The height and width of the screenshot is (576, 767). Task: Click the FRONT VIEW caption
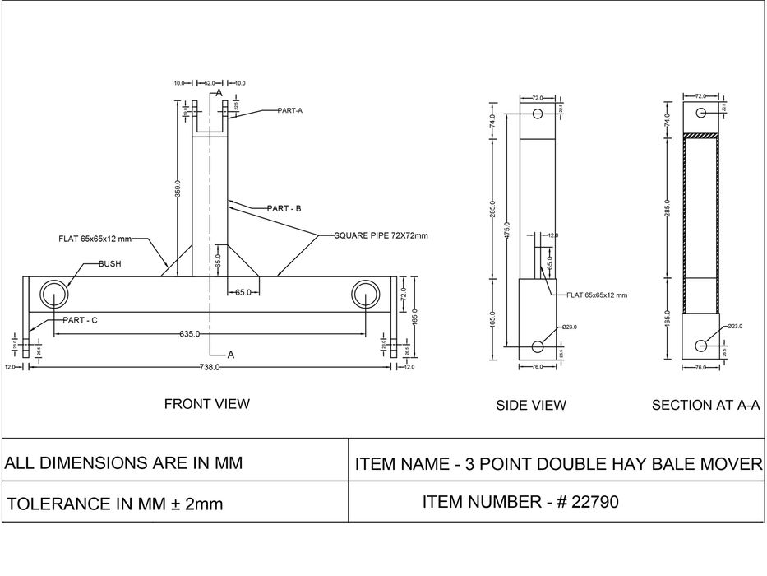pos(207,404)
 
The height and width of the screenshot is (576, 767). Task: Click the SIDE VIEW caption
pos(531,405)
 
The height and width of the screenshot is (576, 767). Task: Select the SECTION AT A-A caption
pos(705,405)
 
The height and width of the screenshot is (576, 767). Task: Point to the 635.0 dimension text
pos(190,334)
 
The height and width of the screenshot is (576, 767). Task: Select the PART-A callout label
pos(289,110)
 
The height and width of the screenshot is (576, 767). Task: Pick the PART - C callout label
pos(81,320)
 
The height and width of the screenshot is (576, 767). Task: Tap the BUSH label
pos(109,265)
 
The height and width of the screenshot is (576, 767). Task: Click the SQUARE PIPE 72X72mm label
pos(381,235)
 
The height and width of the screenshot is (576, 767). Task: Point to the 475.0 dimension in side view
pos(506,231)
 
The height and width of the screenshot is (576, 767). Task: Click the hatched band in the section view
pos(701,135)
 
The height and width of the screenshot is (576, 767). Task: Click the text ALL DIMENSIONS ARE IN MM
pos(124,462)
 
